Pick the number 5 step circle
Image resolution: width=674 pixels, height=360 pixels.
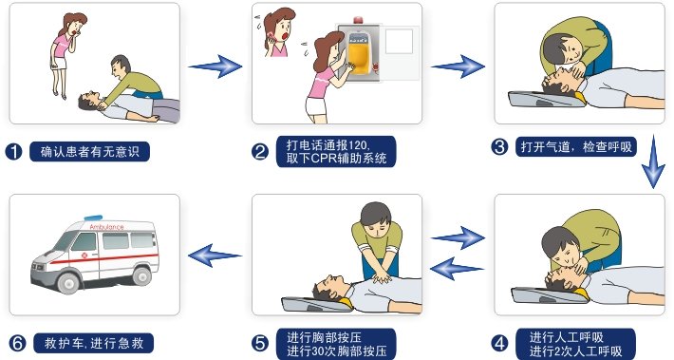(x=259, y=342)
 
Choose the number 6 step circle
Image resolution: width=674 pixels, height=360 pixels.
(x=14, y=342)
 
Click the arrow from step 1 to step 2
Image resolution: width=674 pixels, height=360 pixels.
(x=215, y=66)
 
